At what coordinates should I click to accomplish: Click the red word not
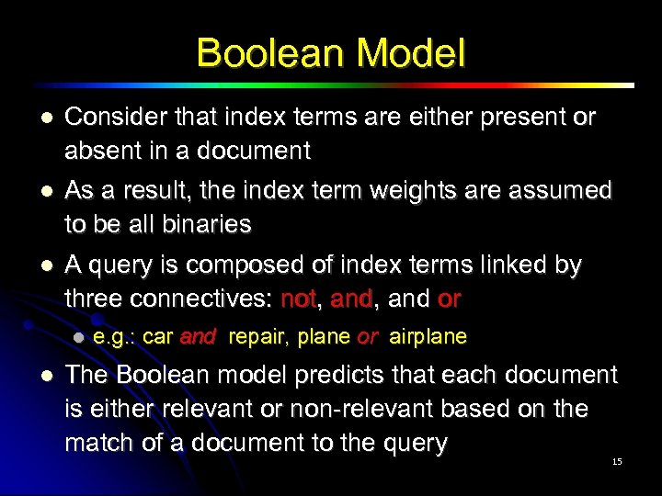point(298,299)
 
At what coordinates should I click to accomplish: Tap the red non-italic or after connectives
point(450,299)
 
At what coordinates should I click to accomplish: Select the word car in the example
point(158,337)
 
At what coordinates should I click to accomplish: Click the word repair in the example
point(259,337)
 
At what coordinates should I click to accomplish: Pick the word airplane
point(428,337)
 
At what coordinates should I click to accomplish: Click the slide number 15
point(616,461)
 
